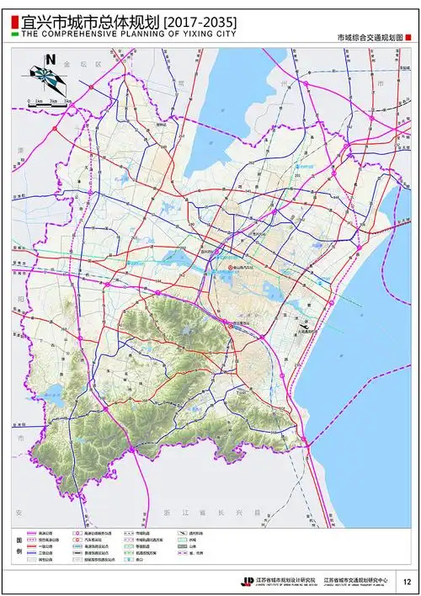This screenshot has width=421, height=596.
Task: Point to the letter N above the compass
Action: point(51,60)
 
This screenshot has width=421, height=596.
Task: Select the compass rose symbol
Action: point(47,78)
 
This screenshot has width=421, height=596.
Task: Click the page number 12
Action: point(407,580)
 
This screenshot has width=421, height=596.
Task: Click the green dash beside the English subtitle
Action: point(14,36)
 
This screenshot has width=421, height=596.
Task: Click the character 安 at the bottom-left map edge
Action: point(16,512)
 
